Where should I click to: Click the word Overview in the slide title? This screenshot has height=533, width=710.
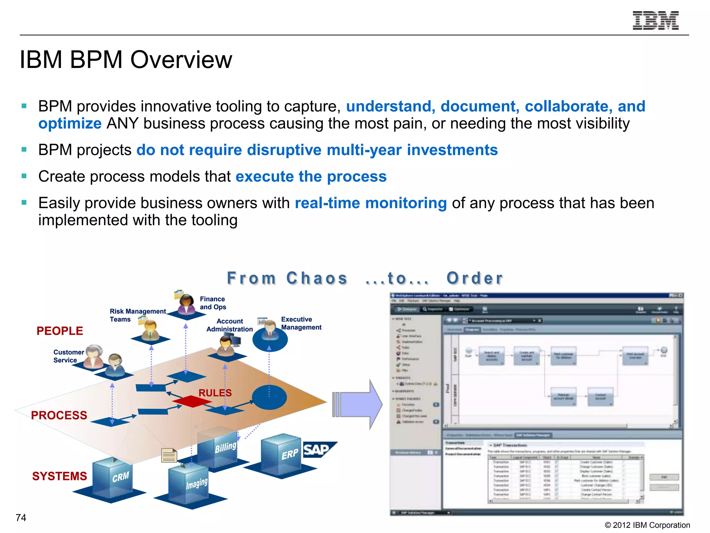click(181, 60)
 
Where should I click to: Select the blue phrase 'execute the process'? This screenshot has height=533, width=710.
click(311, 176)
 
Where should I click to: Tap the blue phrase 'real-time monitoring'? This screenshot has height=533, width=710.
click(371, 203)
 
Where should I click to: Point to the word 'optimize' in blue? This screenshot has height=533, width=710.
click(70, 124)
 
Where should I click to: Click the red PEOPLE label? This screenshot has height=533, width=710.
click(60, 331)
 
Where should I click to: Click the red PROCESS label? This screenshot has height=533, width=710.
click(59, 415)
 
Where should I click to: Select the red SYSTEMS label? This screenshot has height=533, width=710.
click(59, 476)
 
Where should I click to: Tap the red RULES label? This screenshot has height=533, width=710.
click(215, 393)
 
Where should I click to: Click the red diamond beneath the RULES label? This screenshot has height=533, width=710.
click(191, 401)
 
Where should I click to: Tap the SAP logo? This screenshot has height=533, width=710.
click(317, 450)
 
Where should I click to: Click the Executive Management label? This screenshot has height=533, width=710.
click(301, 323)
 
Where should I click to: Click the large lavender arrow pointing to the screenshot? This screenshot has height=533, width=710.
click(359, 404)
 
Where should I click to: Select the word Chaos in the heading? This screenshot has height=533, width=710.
click(317, 278)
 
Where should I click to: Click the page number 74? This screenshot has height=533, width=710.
click(21, 517)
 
